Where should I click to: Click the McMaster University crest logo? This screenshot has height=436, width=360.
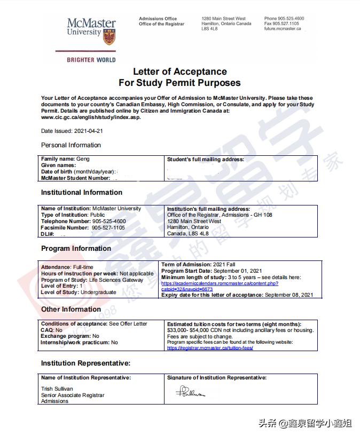[x=109, y=35]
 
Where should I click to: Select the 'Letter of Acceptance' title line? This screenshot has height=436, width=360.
[x=179, y=72]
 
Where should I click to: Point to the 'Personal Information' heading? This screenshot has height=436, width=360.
[x=71, y=145]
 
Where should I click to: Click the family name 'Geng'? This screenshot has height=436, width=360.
[x=83, y=159]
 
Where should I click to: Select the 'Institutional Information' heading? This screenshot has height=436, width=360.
[x=81, y=192]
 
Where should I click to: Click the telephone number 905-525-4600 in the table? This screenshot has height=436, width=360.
[x=109, y=221]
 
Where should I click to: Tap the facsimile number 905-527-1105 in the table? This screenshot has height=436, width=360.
[x=108, y=227]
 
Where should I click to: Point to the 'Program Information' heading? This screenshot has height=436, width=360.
[x=76, y=248]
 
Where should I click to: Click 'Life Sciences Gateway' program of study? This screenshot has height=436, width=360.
[x=117, y=280]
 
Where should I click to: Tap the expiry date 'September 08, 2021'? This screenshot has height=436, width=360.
[x=289, y=295]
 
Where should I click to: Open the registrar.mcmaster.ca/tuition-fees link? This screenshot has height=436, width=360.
[x=209, y=348]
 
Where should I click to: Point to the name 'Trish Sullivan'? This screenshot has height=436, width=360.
[x=58, y=389]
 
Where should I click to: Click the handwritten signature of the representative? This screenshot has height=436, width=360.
[x=191, y=393]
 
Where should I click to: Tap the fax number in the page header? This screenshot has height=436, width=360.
[x=281, y=24]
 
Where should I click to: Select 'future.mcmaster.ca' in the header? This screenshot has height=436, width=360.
[x=283, y=29]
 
